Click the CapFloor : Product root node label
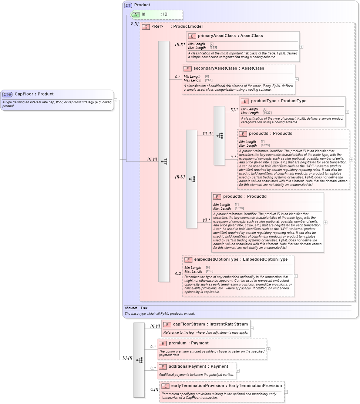tap(34, 94)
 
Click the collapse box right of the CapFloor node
tap(115, 100)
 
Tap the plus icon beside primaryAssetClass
tap(302, 47)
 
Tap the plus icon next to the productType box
tap(347, 112)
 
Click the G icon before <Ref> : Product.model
tap(146, 27)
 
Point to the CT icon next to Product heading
tap(128, 5)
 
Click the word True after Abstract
tap(144, 308)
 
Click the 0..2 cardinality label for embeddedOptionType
tap(178, 274)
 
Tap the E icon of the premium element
tap(163, 343)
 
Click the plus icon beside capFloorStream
tap(252, 328)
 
